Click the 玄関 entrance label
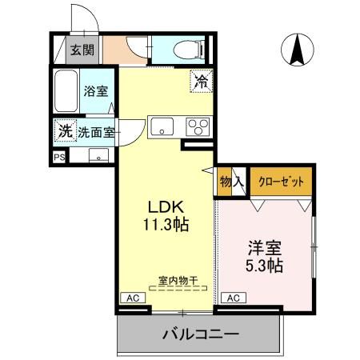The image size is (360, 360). pos(81,50)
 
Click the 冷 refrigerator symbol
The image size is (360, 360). pos(201,80)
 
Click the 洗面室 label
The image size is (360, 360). pos(96,132)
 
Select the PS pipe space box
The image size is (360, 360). pos(59,158)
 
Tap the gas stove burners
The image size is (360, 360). pos(197,126)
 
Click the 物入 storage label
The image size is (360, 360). pos(231,182)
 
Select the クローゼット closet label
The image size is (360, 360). pos(281,182)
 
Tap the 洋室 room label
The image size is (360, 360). pos(265,246)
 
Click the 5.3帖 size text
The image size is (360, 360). pos(265,265)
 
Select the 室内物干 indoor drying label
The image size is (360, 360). pos(177,280)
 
